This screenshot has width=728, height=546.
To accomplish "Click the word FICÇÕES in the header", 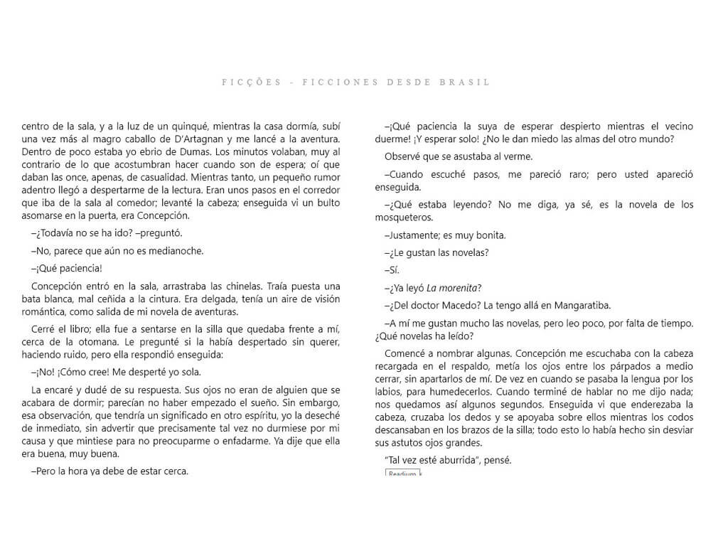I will [x=245, y=82].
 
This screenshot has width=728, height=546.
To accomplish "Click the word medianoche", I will [x=176, y=250].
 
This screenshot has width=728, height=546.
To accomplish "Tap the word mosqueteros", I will [x=404, y=218].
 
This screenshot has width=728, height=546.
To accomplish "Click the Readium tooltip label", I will [x=402, y=473].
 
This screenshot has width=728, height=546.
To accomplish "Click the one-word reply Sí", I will [x=394, y=270].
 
